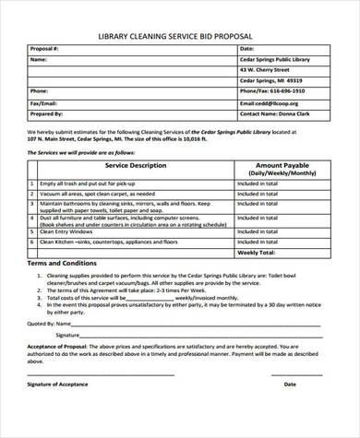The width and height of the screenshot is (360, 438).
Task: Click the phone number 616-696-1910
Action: coord(274,92)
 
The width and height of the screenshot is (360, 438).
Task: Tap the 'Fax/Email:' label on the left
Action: coord(45,104)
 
